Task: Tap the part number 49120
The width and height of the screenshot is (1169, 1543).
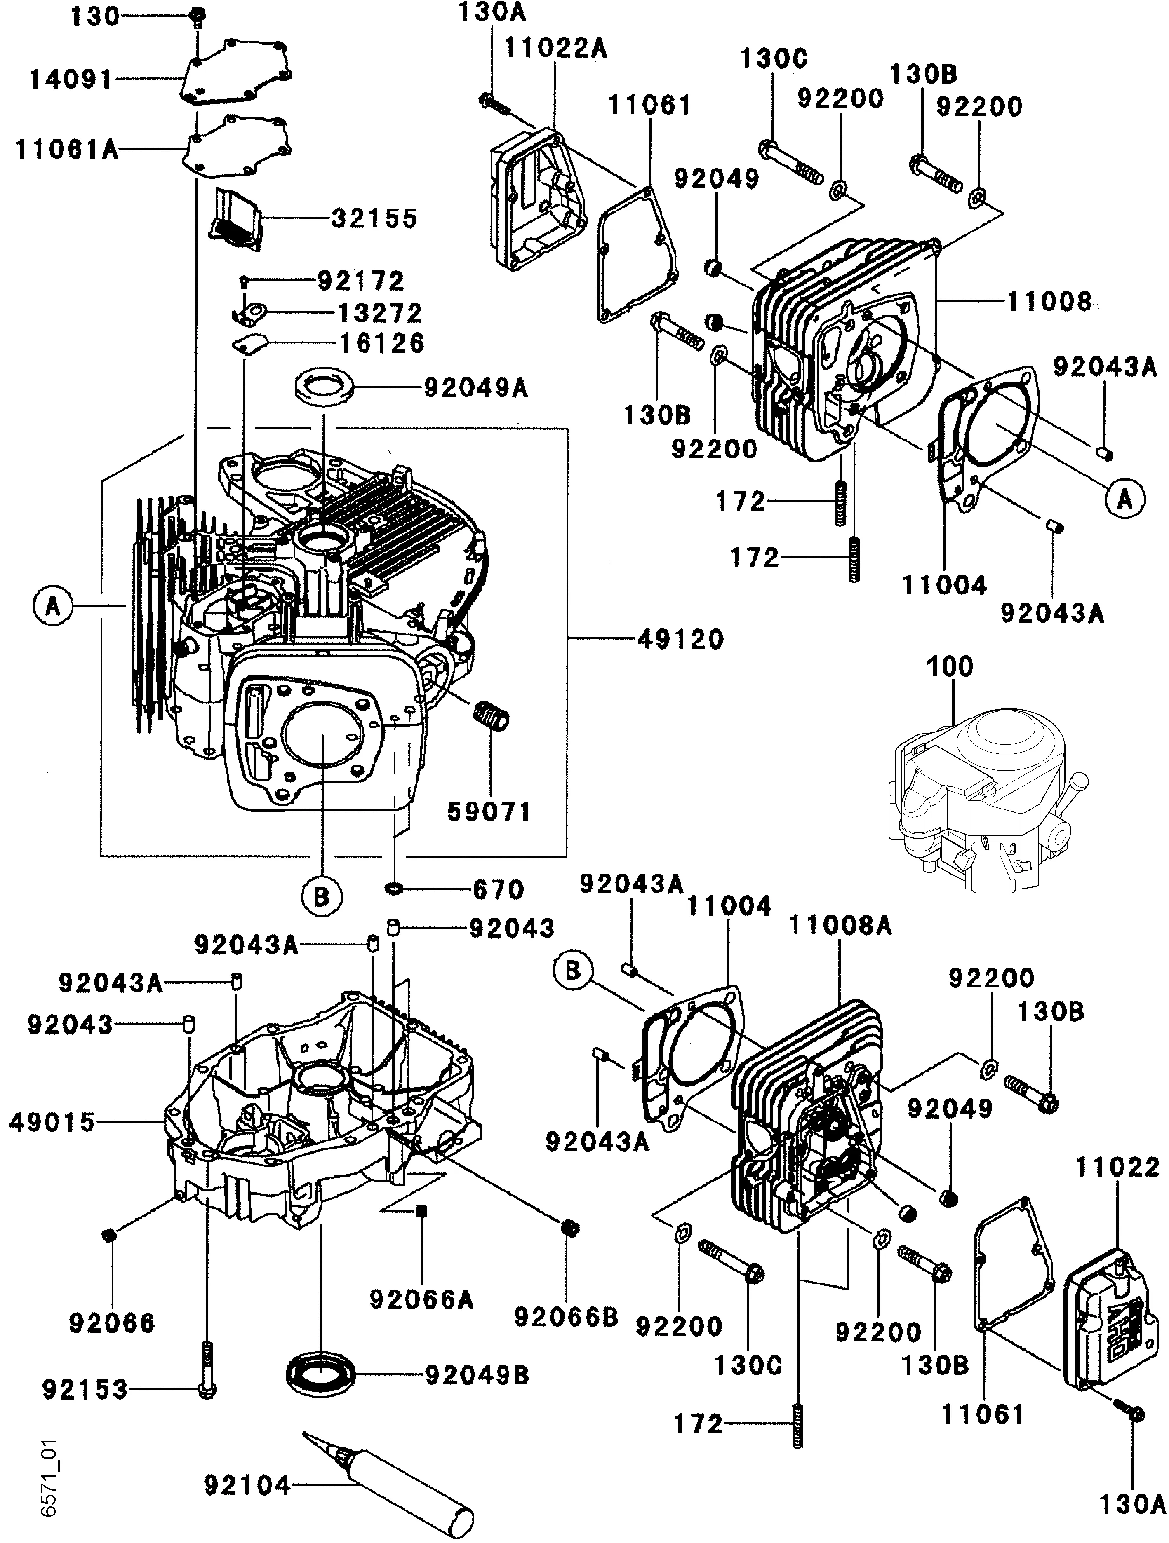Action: (x=680, y=639)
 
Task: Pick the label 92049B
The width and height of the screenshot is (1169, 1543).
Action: (x=477, y=1376)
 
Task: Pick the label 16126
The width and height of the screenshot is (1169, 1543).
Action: (x=382, y=343)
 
